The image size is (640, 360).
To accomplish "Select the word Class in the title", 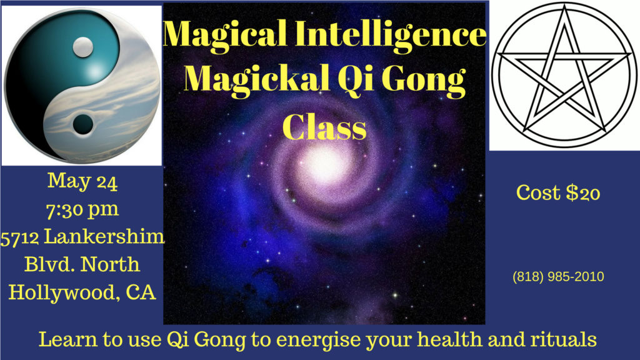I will pos(324,126).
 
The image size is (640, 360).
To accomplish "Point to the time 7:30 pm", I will pos(82,208).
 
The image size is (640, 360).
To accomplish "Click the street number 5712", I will pos(20,236).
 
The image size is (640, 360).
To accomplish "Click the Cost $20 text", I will pos(558,193).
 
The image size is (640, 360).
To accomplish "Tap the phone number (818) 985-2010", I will pos(558,276).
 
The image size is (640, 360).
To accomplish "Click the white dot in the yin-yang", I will pos(82,45).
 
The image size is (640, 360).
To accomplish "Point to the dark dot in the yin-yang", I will pos(81,124).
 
